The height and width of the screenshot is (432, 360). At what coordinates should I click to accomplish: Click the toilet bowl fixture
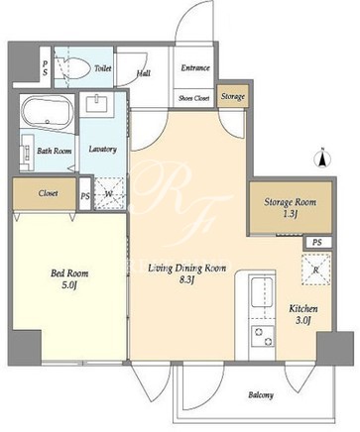click(72, 68)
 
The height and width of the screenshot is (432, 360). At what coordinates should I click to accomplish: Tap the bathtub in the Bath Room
click(47, 112)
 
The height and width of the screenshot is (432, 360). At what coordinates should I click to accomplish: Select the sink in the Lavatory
click(97, 102)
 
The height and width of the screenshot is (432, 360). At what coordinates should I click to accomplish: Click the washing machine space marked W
click(109, 194)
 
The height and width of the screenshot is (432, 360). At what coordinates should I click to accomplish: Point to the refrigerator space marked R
click(315, 270)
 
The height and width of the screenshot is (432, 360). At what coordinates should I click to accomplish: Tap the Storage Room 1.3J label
click(290, 208)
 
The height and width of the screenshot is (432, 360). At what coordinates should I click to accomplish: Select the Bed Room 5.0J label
click(69, 279)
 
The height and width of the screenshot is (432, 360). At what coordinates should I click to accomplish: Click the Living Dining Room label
click(186, 268)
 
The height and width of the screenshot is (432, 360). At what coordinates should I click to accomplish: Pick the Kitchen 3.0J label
click(303, 314)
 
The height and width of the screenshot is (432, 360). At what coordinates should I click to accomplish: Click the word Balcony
click(261, 394)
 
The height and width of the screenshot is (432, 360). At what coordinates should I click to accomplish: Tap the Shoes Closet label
click(194, 98)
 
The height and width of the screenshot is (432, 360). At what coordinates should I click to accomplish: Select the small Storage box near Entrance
click(233, 96)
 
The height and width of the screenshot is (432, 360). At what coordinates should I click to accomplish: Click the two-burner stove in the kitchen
click(263, 336)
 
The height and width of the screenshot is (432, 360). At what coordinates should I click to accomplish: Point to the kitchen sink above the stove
click(262, 292)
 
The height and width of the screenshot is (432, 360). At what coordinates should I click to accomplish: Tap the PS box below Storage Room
click(317, 243)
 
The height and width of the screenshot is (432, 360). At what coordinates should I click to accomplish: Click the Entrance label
click(195, 67)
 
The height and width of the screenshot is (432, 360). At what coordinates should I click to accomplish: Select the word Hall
click(144, 72)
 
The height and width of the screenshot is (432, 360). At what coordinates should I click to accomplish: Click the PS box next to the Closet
click(85, 195)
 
